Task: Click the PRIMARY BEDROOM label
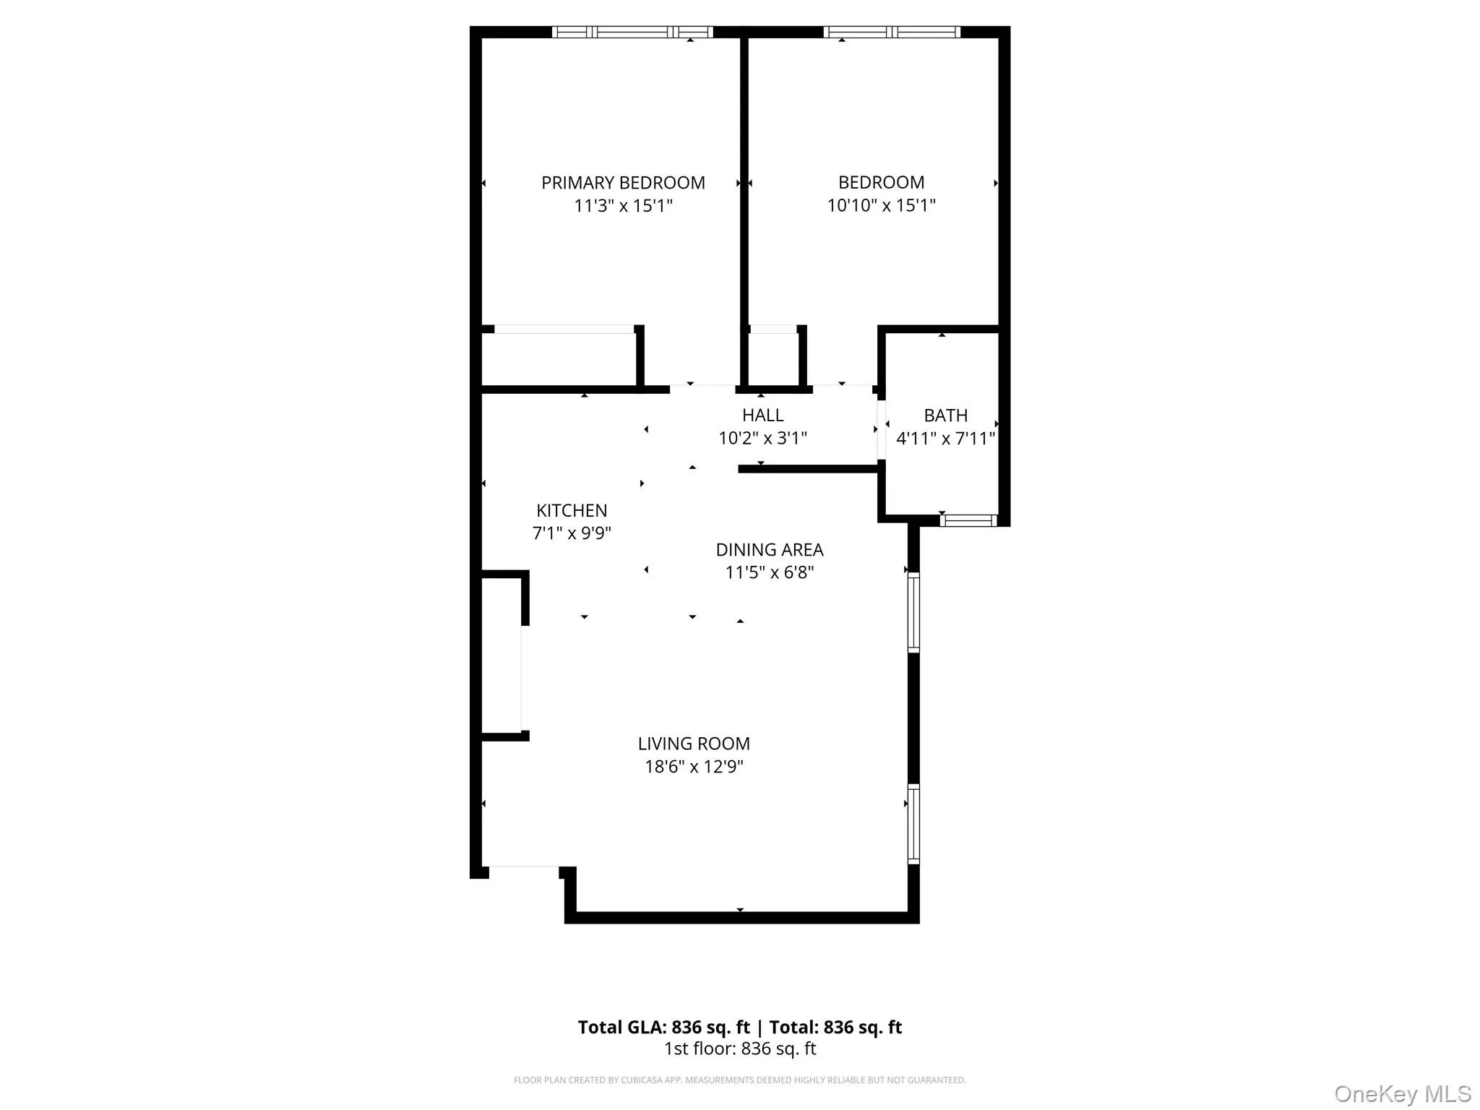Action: click(x=623, y=183)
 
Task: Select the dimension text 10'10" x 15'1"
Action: click(x=881, y=206)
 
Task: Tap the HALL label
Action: click(x=762, y=416)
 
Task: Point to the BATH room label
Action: click(x=945, y=416)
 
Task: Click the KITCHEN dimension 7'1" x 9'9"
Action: click(x=572, y=533)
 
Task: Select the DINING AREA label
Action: click(x=769, y=550)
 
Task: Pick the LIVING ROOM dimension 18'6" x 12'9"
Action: click(x=694, y=767)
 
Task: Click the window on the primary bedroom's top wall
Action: click(x=632, y=32)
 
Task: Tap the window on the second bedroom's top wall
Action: click(x=892, y=32)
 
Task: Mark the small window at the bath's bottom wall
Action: click(x=968, y=520)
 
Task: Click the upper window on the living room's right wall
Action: click(x=913, y=613)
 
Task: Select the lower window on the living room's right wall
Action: click(x=913, y=824)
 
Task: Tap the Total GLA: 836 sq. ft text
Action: click(x=663, y=1027)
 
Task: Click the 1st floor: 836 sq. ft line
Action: click(x=740, y=1049)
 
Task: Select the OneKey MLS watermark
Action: click(x=1402, y=1093)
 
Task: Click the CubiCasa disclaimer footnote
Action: click(x=739, y=1080)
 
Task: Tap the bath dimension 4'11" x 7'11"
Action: click(x=945, y=439)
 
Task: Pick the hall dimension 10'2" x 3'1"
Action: click(x=762, y=439)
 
